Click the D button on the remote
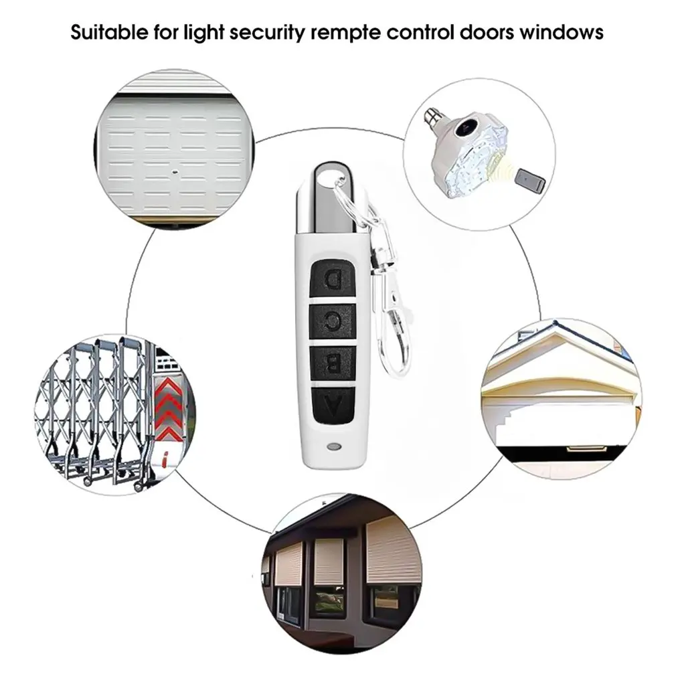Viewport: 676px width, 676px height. coord(333,276)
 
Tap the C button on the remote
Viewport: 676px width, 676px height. coord(333,320)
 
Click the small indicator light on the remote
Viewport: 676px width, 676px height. coord(331,445)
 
